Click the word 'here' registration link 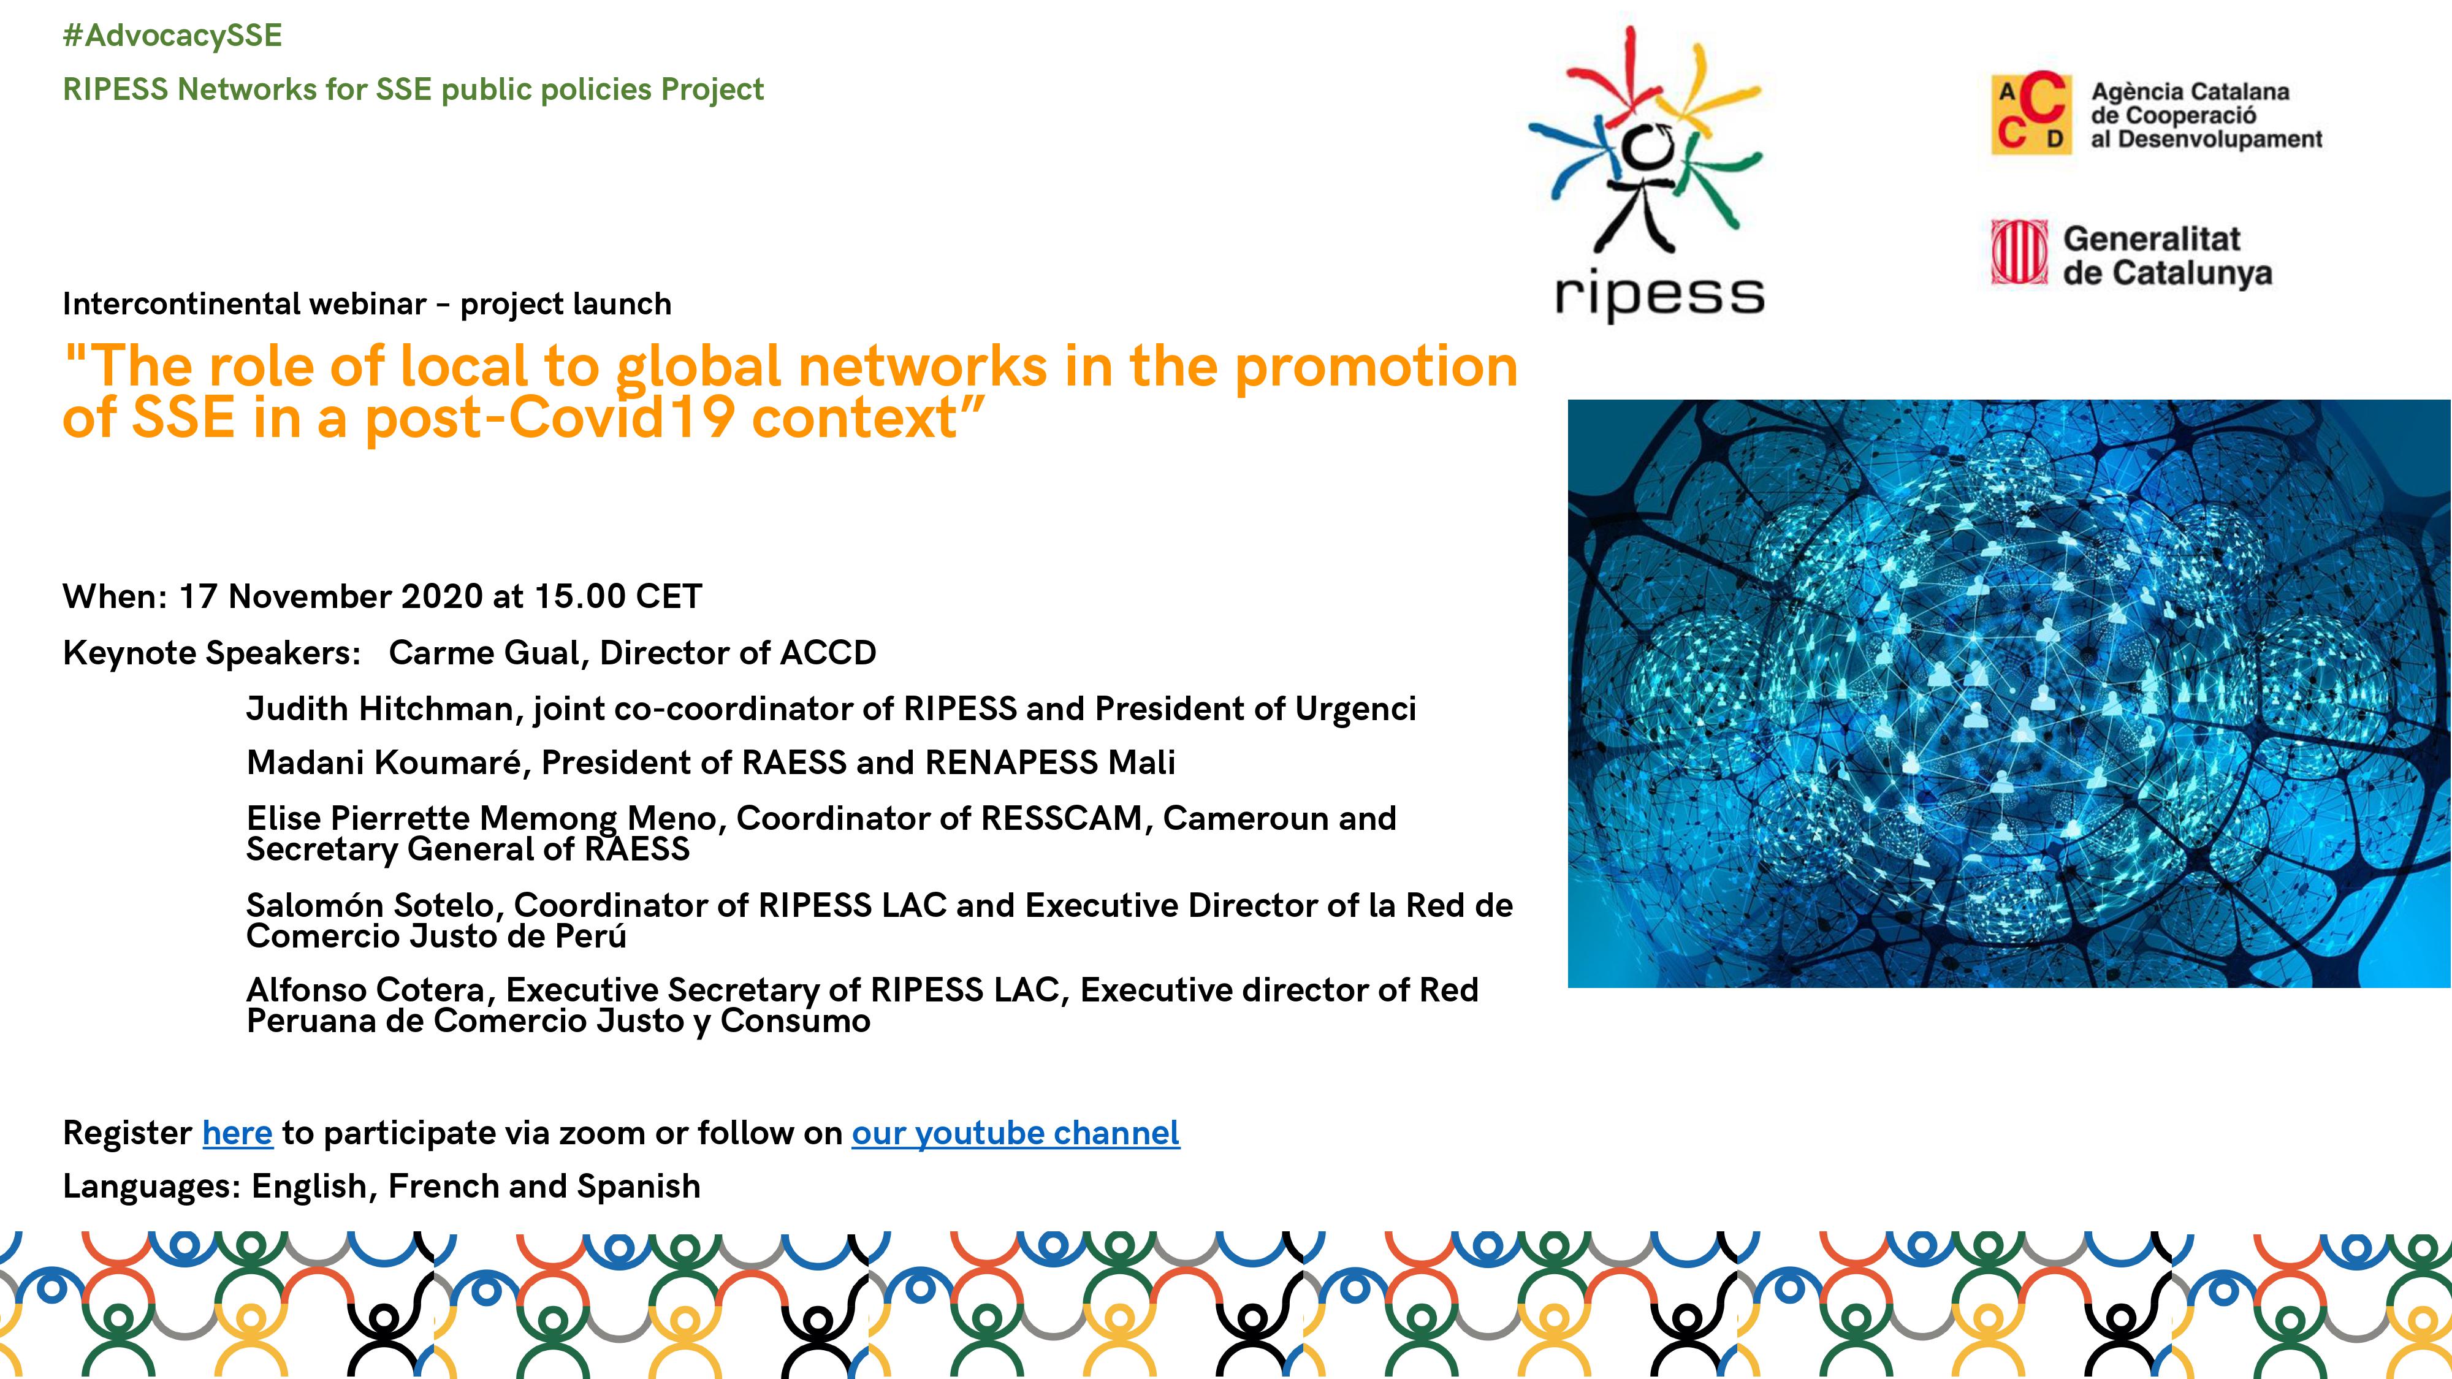[237, 1133]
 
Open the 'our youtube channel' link [1016, 1133]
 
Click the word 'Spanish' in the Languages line [639, 1187]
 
